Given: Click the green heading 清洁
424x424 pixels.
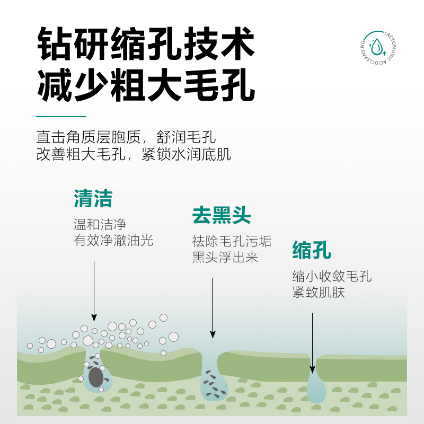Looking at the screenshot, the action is click(93, 198).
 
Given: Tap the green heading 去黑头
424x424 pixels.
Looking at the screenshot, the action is click(222, 215).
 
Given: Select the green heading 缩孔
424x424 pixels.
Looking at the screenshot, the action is click(312, 250).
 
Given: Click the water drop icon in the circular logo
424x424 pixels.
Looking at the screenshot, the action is click(376, 47).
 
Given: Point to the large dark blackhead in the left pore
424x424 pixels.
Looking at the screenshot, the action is click(96, 377).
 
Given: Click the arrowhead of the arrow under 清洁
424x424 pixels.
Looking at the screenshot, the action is click(94, 317).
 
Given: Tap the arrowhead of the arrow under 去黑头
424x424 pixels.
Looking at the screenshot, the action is click(213, 334).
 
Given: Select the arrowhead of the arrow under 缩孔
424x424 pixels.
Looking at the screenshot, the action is click(312, 369).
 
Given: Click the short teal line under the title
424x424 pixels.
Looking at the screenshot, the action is click(61, 117).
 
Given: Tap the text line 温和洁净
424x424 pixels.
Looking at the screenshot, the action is click(100, 224).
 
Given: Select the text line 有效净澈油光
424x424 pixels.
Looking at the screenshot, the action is click(113, 240).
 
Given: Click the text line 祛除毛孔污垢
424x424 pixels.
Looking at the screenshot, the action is click(232, 241).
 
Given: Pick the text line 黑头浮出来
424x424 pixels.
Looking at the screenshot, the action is click(225, 257).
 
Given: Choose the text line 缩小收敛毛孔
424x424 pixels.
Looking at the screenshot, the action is click(332, 276).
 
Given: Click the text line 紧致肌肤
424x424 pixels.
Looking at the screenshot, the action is click(319, 292).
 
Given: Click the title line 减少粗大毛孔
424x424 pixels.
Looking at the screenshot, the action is click(146, 85).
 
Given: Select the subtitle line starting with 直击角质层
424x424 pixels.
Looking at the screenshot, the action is click(126, 137).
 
